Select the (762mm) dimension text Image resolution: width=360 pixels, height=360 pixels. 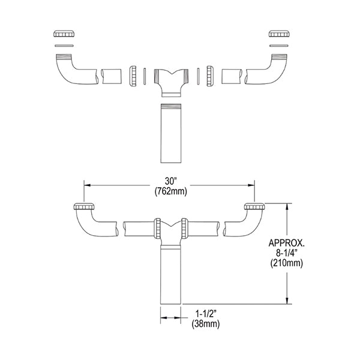[171, 191]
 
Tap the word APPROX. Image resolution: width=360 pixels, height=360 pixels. [287, 243]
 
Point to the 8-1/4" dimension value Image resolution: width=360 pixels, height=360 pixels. [287, 253]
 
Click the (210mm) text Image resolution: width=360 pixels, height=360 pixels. [287, 263]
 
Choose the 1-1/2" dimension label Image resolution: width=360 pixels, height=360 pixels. [206, 314]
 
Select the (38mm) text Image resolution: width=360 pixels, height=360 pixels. [206, 324]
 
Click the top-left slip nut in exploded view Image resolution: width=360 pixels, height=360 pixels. [64, 34]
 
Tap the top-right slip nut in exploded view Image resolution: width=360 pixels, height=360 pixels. [279, 34]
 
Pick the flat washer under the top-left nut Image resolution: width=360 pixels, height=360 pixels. [64, 46]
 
